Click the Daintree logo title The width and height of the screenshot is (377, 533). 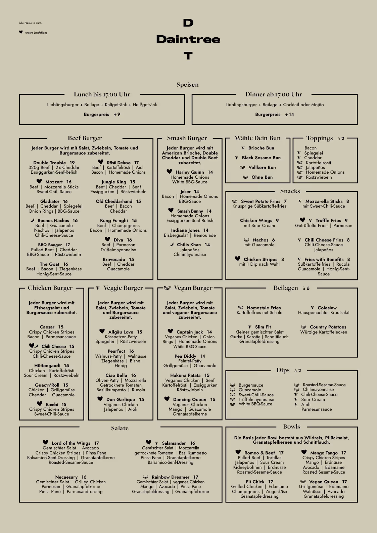pos(188,39)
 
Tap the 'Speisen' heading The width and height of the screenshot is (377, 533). pos(187,85)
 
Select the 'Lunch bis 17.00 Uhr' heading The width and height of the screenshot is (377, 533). pos(102,94)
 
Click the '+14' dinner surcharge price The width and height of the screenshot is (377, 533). pos(289,115)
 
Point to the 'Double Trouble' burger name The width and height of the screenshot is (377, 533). pos(49,163)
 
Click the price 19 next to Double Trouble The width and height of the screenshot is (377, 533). pos(72,163)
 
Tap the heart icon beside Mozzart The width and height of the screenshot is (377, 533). pos(39,181)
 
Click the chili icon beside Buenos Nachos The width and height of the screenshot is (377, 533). pos(32,220)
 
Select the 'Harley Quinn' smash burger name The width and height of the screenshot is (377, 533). pos(190,172)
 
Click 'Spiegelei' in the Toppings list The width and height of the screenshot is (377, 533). pos(314,153)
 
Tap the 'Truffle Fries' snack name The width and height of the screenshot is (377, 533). pos(328,221)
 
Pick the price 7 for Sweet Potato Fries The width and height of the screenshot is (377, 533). pos(285,201)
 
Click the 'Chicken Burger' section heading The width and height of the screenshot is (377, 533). pos(50,288)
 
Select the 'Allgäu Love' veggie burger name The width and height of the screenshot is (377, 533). pos(121,332)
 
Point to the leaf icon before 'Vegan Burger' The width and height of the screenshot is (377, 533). pos(167,288)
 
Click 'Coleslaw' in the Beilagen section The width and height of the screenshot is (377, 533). pos(327,308)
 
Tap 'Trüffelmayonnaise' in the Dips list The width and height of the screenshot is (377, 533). pos(256,400)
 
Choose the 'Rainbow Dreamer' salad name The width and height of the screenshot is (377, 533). pos(171,477)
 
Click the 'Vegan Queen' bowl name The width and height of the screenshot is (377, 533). pos(324,482)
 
